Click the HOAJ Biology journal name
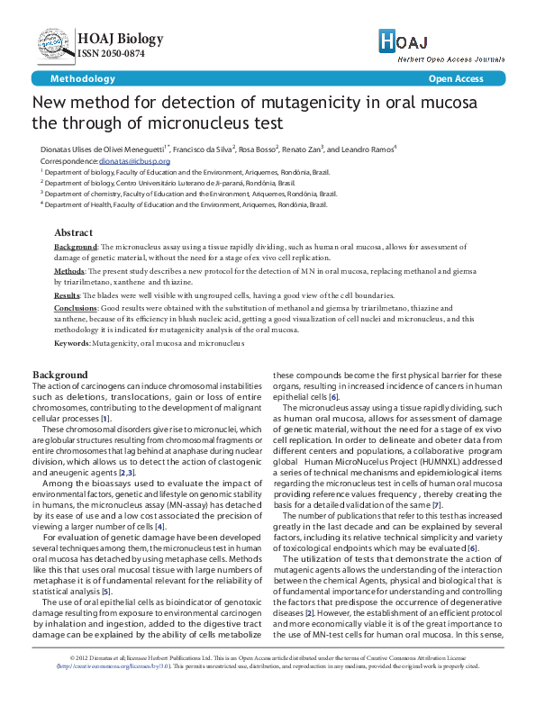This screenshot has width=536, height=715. [x=121, y=39]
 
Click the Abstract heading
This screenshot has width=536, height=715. [x=73, y=231]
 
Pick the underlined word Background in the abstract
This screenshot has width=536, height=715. [x=76, y=246]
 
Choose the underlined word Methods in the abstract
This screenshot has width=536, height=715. [x=69, y=270]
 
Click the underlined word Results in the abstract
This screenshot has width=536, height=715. [x=68, y=295]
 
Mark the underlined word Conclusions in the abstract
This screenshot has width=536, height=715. [x=75, y=308]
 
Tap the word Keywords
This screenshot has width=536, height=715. [x=71, y=344]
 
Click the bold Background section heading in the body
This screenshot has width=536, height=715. [x=60, y=375]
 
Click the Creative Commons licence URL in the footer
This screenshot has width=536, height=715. [x=104, y=692]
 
